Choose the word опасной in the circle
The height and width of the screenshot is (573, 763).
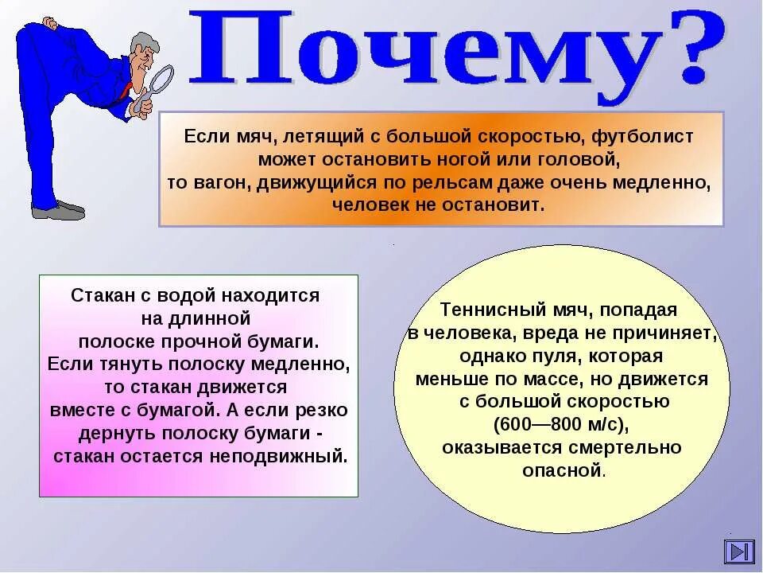click(x=562, y=470)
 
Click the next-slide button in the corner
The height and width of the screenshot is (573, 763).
click(x=739, y=552)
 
